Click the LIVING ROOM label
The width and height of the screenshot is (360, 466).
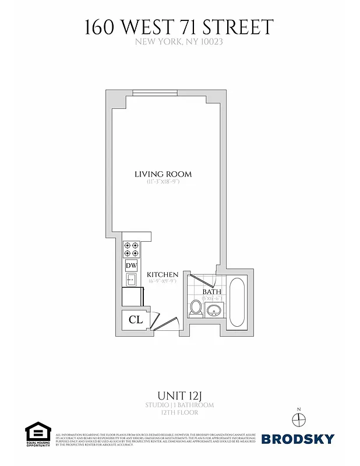click(163, 174)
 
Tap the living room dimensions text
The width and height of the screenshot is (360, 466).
click(163, 182)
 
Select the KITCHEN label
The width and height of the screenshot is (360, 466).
click(162, 274)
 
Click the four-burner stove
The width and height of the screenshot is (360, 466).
click(131, 249)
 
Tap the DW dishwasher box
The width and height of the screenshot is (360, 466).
click(131, 266)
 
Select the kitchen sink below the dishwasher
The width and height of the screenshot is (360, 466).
click(131, 280)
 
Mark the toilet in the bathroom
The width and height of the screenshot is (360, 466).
click(196, 309)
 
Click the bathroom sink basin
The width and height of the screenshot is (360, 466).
click(214, 310)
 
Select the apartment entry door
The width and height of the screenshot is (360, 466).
click(169, 322)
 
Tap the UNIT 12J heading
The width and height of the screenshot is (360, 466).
click(180, 395)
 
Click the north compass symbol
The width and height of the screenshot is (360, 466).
click(298, 419)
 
